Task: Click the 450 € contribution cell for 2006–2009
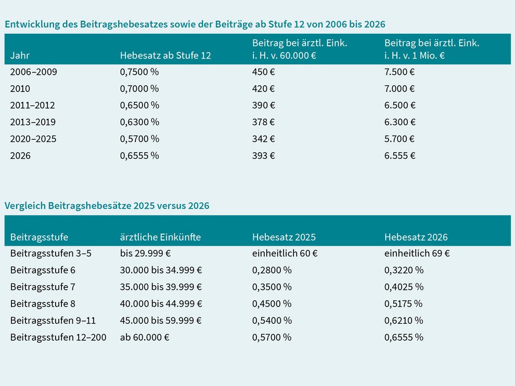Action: (264, 72)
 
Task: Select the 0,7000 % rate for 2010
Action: (139, 88)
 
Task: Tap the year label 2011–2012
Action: (32, 105)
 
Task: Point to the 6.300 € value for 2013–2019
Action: (400, 122)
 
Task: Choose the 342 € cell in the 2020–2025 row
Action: (263, 139)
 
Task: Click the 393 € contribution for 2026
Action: (263, 155)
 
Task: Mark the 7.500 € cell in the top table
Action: (400, 72)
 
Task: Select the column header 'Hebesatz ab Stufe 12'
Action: (165, 56)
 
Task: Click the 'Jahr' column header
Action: (20, 56)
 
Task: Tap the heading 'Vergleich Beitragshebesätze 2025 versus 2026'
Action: (107, 206)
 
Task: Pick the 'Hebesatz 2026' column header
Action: (416, 237)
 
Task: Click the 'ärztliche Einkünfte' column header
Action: (160, 237)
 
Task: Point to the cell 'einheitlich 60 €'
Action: (285, 254)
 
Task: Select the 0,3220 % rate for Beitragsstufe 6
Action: (404, 270)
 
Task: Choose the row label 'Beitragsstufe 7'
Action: (43, 287)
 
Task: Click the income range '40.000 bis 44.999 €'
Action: (161, 303)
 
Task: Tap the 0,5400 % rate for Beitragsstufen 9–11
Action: (272, 320)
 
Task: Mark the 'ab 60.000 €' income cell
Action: (145, 337)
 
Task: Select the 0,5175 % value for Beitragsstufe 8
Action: (404, 303)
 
